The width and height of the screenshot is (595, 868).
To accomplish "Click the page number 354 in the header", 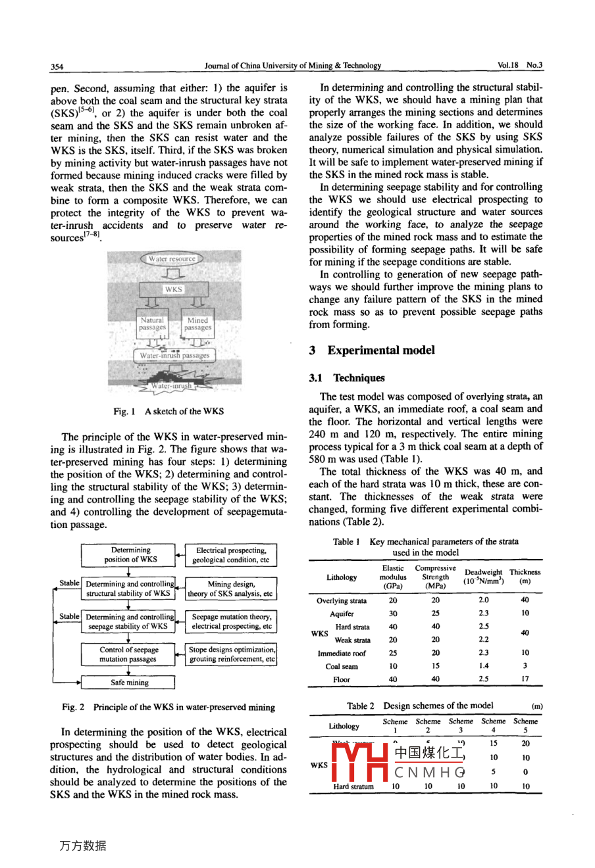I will [x=57, y=66].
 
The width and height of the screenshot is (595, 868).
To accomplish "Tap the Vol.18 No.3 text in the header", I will [x=520, y=65].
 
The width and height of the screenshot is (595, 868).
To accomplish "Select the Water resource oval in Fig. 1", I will [x=172, y=259].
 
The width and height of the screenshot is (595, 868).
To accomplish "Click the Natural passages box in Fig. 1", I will [x=152, y=324].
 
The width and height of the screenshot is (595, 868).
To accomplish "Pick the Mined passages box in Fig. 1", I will [x=197, y=324].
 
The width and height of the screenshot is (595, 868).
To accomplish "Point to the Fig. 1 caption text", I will [x=168, y=412].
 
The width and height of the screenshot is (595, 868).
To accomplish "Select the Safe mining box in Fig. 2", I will [x=129, y=683].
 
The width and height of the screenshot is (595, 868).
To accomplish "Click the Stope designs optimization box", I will [x=231, y=654].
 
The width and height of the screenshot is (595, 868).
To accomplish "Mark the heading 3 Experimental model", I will [x=372, y=350].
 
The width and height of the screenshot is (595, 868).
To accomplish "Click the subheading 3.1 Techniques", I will [x=347, y=378].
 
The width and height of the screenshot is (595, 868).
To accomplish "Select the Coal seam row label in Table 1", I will [x=342, y=666].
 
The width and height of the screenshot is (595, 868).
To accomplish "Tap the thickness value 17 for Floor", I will [x=525, y=679].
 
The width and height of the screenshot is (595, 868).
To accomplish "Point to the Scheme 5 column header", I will [x=525, y=725].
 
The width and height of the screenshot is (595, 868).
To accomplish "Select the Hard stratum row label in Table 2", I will [x=353, y=786].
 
